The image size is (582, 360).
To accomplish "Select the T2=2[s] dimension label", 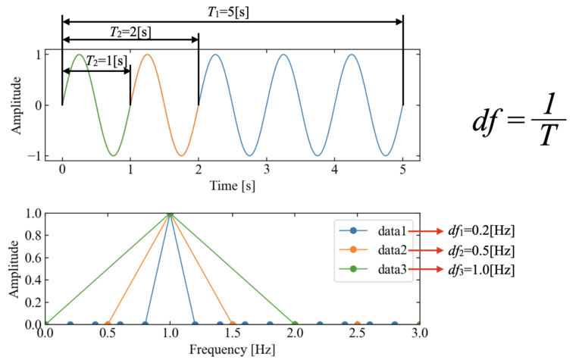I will [130, 31].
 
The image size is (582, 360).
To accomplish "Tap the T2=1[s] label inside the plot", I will [105, 60].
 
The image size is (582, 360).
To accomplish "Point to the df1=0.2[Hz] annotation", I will [480, 230].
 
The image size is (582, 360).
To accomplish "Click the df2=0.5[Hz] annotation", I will [480, 250].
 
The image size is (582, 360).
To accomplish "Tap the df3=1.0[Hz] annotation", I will [480, 270].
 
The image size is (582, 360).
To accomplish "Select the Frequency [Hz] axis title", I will [233, 349].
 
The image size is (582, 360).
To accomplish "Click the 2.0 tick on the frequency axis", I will [295, 334].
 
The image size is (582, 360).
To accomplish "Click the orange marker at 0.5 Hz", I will [108, 324].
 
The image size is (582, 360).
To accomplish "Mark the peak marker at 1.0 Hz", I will [170, 214].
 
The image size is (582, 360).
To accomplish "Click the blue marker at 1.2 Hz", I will [195, 324].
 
